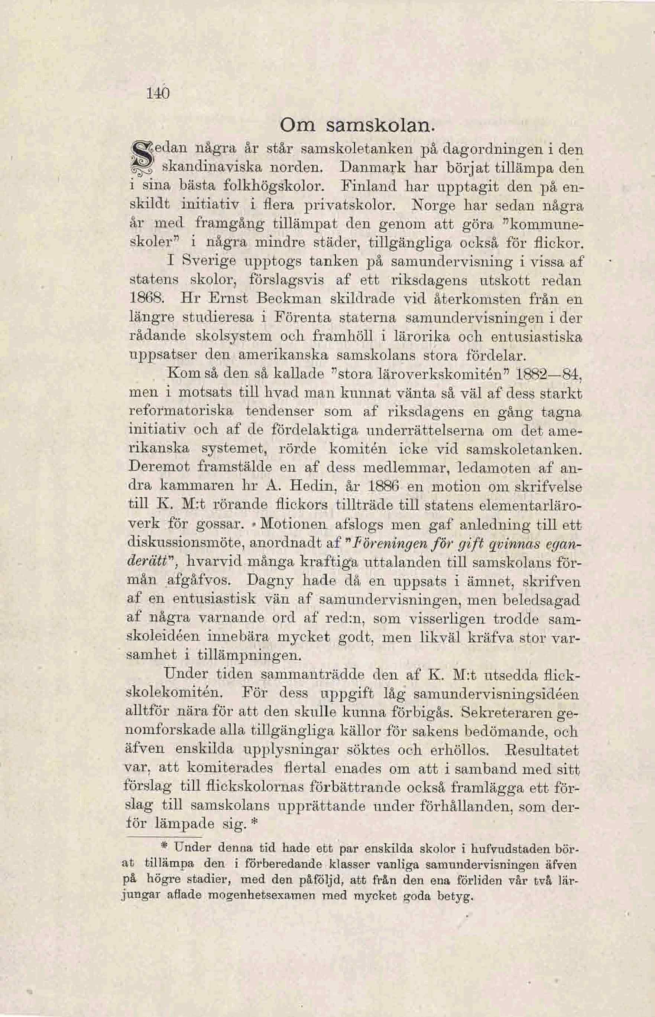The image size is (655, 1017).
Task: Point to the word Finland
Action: coord(375,186)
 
